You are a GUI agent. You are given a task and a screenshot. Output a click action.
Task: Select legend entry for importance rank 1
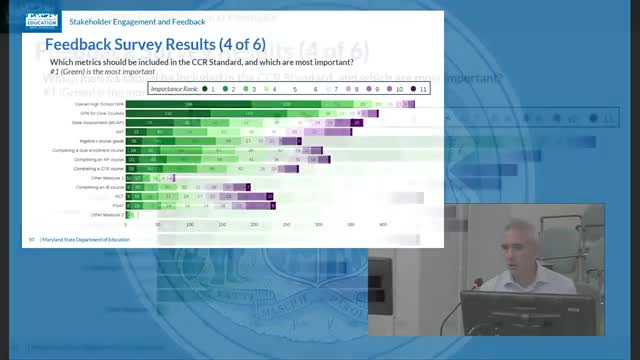coord(205,89)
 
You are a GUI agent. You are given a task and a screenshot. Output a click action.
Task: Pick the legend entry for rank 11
coord(421,89)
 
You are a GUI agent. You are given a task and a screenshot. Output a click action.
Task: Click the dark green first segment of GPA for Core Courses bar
coord(170,113)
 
